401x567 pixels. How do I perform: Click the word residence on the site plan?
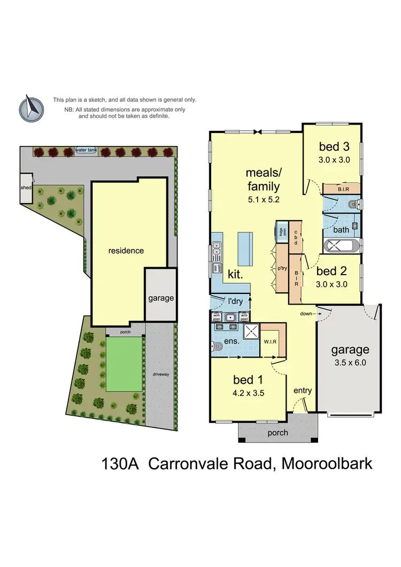(x=126, y=250)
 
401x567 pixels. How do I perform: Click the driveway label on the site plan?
(x=160, y=374)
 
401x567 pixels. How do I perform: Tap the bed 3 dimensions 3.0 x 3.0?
(x=334, y=159)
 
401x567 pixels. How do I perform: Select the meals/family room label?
(x=262, y=180)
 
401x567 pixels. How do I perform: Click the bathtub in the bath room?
(x=342, y=247)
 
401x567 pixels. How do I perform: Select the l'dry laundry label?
(x=236, y=301)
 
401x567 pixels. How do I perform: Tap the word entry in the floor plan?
(x=303, y=391)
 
